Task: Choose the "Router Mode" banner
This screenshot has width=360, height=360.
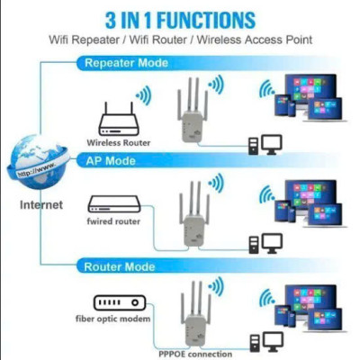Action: click(x=120, y=267)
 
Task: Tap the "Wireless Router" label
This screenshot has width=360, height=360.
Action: click(x=117, y=143)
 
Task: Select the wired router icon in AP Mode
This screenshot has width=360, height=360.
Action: click(x=115, y=204)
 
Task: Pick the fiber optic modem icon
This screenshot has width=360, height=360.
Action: click(x=112, y=302)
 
